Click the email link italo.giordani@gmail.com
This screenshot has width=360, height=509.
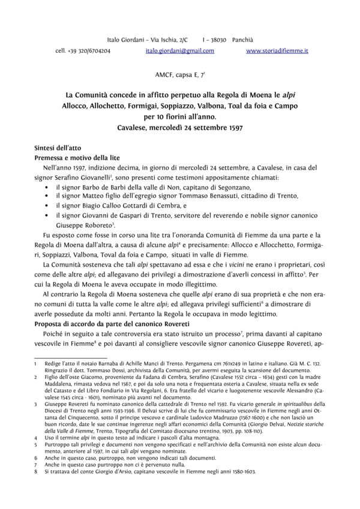(179, 51)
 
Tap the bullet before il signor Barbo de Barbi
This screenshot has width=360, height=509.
(47, 188)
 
